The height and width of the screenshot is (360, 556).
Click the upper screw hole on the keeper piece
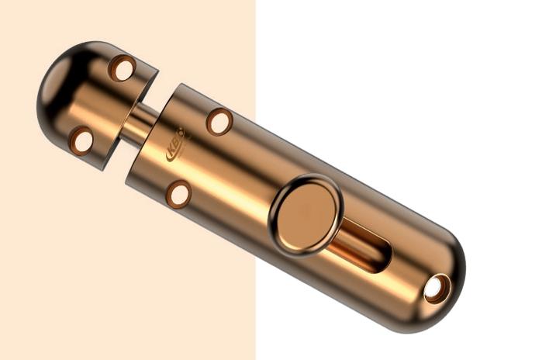pyautogui.click(x=122, y=68)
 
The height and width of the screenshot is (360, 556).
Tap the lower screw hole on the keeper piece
pyautogui.click(x=81, y=140)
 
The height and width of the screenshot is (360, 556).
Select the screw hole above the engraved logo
pyautogui.click(x=219, y=122)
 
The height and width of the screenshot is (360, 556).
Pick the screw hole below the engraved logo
pyautogui.click(x=178, y=194)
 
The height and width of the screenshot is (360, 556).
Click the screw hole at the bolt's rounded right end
pyautogui.click(x=436, y=289)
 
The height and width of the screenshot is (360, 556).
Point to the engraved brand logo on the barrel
pyautogui.click(x=175, y=146)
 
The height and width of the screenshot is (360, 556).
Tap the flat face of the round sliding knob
pyautogui.click(x=307, y=215)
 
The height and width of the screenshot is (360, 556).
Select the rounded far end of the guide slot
pyautogui.click(x=384, y=259)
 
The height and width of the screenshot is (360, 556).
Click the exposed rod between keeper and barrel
pyautogui.click(x=140, y=125)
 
